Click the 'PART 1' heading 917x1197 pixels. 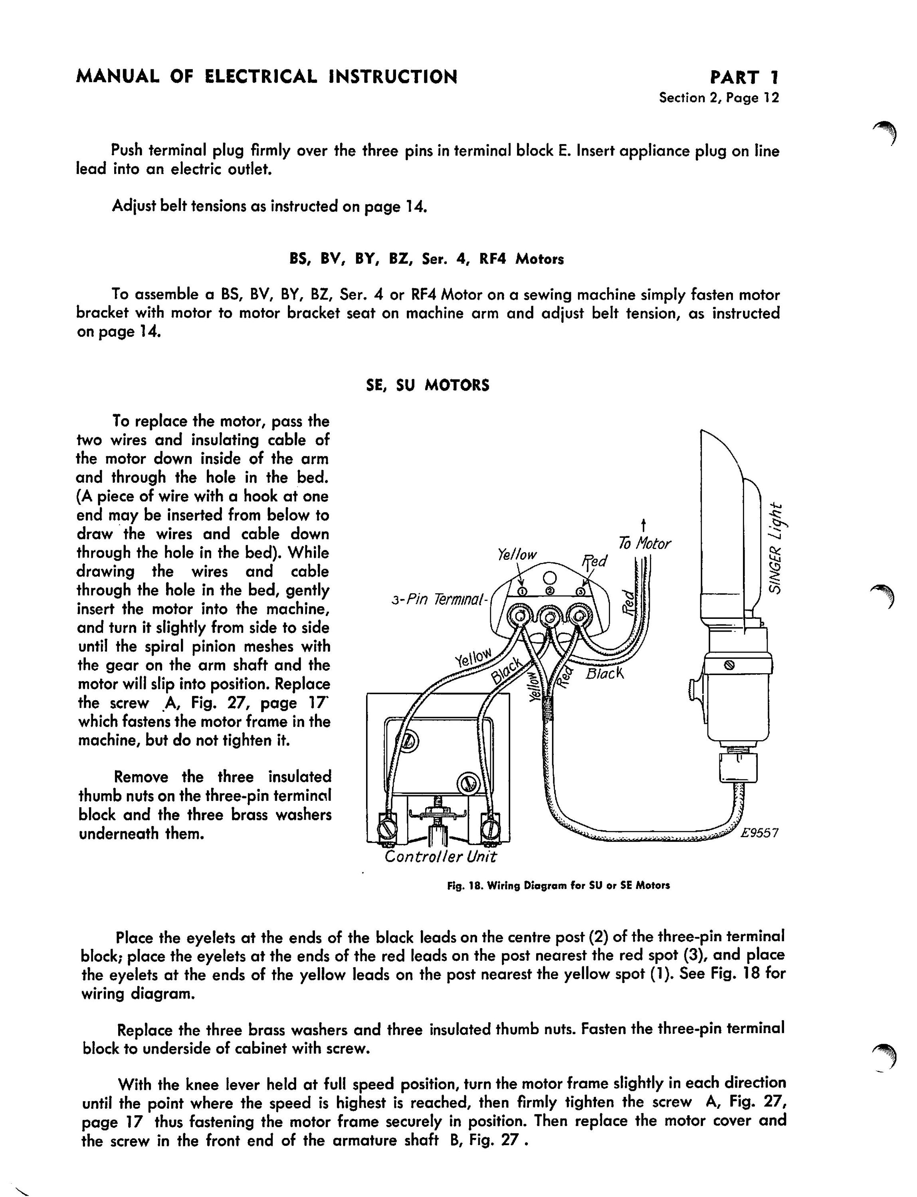(x=745, y=77)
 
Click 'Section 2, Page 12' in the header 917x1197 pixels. (x=719, y=98)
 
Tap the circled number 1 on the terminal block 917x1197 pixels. (x=522, y=591)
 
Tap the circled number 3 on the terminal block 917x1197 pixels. (x=581, y=591)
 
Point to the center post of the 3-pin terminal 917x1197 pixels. (x=551, y=618)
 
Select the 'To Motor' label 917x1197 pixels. (x=644, y=544)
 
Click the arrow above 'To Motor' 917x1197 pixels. (x=644, y=525)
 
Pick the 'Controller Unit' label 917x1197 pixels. (x=440, y=857)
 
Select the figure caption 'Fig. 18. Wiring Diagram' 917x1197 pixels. (x=559, y=885)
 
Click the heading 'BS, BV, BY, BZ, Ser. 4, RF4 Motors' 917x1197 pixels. (x=426, y=259)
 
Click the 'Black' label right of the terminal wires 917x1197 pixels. (x=604, y=674)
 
